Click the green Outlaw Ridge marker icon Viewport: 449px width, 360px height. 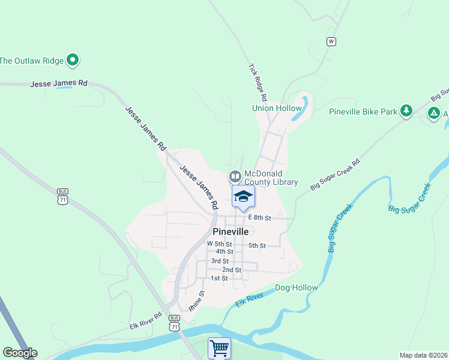coord(73,59)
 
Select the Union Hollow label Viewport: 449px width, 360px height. coord(276,109)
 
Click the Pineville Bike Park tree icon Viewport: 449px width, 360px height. coord(406,111)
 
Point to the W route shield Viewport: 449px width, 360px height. coord(331,41)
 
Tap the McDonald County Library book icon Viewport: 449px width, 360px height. coord(234,176)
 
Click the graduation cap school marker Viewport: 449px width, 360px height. coord(243,196)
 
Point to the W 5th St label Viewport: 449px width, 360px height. coord(219,244)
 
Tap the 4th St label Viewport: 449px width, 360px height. coord(224,252)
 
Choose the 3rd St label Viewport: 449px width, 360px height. coord(220,261)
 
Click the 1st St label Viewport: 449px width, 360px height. coord(219,278)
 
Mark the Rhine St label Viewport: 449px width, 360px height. coord(196,301)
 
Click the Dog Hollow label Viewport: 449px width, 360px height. coord(297,288)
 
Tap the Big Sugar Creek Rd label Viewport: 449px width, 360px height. coord(335,175)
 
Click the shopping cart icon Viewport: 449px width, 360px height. coord(219,348)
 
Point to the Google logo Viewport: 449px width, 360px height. coord(20,353)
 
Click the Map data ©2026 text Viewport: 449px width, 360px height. coord(423,355)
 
